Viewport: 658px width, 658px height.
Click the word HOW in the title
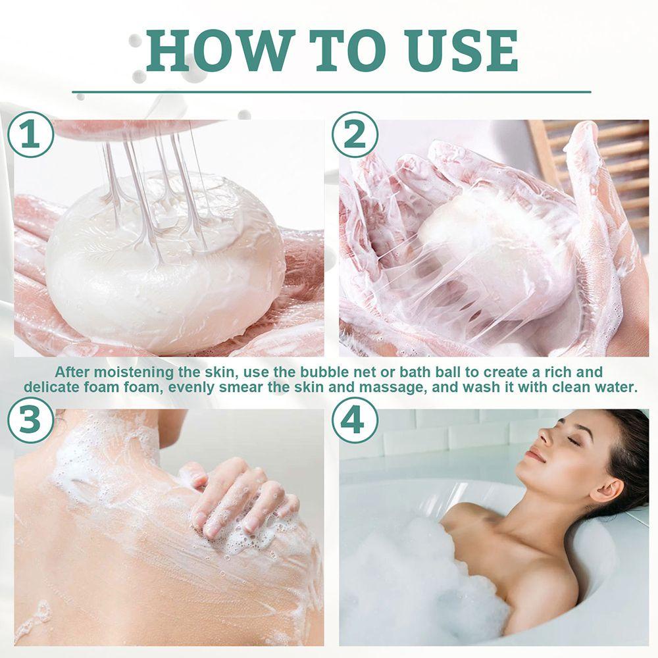click(x=218, y=51)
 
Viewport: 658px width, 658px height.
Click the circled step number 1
click(x=31, y=135)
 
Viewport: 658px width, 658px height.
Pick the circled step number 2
click(x=355, y=135)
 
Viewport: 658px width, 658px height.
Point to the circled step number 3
click(x=31, y=420)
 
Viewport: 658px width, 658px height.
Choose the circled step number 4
click(x=355, y=420)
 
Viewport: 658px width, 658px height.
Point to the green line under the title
click(x=332, y=91)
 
